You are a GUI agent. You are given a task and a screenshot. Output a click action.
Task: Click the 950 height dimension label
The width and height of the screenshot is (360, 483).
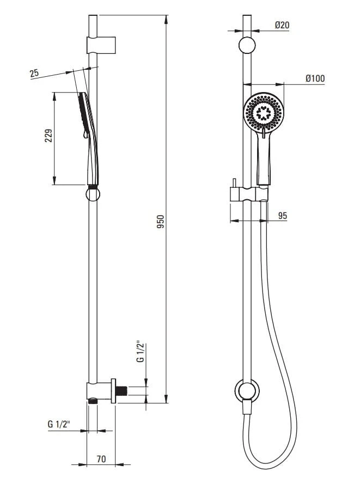[x=161, y=222]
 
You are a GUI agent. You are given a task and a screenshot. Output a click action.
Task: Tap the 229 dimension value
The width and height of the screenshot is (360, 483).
[x=48, y=136]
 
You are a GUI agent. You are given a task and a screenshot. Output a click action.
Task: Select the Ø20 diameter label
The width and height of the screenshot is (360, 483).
[x=282, y=25]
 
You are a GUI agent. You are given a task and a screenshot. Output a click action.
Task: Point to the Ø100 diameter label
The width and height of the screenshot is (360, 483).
[x=315, y=78]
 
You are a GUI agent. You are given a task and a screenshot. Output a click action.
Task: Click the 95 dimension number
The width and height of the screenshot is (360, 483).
[x=282, y=216]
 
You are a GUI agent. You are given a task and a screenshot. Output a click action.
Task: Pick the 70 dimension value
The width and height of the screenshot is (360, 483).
[x=101, y=459]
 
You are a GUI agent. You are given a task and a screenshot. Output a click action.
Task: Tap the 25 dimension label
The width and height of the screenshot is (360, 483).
[x=34, y=74]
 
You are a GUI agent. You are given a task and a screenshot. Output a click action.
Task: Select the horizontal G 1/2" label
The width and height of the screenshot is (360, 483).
[x=59, y=424]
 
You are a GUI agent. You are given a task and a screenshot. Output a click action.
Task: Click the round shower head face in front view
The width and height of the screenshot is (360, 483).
[x=264, y=112]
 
